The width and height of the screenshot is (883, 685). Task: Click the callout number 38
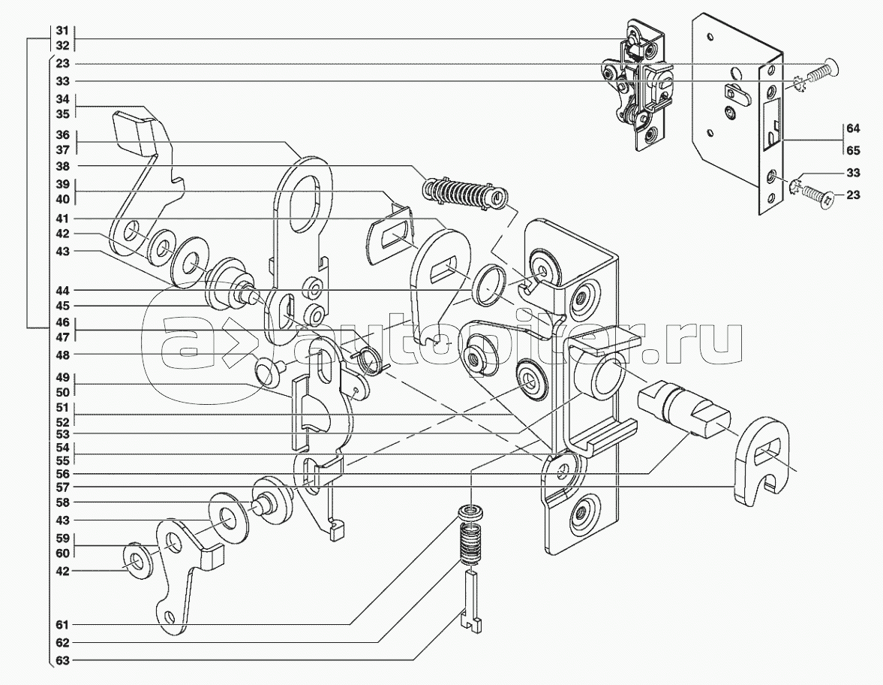[x=62, y=165]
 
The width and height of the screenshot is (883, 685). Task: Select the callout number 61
[x=62, y=624]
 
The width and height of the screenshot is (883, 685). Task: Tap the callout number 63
[x=62, y=660]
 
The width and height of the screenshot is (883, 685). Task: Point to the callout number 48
[x=62, y=355]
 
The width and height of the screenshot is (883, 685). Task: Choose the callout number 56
[x=62, y=474]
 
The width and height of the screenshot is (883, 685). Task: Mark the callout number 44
[x=62, y=290]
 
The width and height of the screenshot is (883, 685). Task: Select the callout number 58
[x=62, y=502]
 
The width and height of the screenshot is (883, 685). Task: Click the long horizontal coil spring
[x=463, y=192]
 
